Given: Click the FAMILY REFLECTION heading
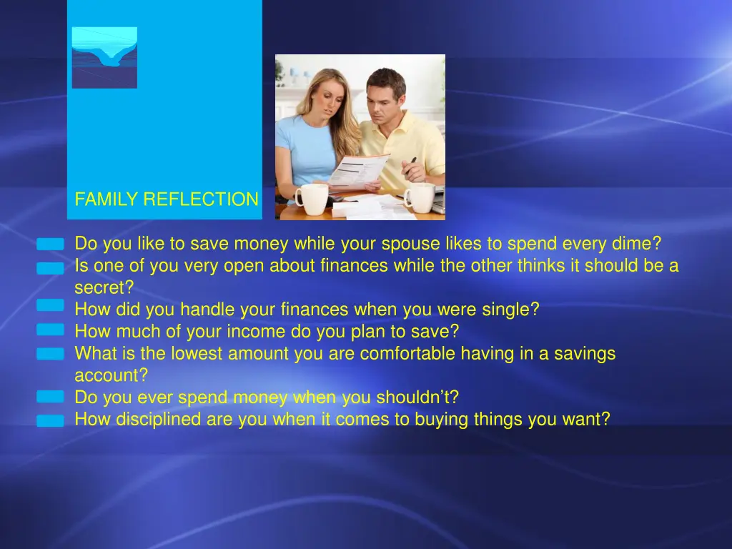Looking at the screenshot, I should [x=167, y=199].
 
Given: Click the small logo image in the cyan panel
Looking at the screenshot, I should [x=104, y=57].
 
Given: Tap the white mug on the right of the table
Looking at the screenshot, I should [x=420, y=197].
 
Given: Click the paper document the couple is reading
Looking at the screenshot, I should [x=358, y=172].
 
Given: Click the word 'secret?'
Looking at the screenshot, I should [x=104, y=288].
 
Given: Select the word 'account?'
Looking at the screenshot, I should [x=111, y=376].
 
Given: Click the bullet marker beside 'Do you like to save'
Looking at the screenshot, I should [x=51, y=244].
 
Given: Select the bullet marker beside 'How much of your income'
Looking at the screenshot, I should [x=51, y=330].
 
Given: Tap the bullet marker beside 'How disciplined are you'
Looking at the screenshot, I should [x=51, y=421].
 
